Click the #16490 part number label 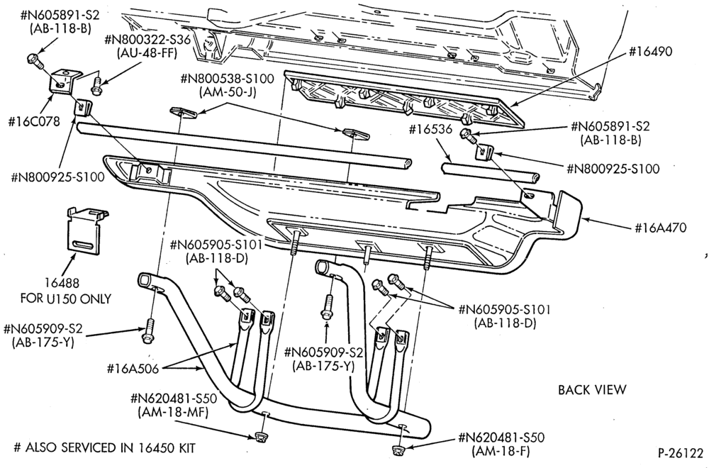coord(650,52)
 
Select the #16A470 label coord(660,228)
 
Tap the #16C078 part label coord(34,122)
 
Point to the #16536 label coord(430,129)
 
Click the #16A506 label coord(133,369)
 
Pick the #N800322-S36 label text coord(147,40)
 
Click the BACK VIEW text coord(592,390)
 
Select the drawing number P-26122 coord(681,453)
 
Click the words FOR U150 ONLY coord(65,299)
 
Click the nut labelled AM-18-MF coord(259,436)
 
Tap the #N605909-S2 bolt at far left coord(148,331)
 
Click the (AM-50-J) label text coord(228,92)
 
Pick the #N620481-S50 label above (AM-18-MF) coord(174,399)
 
